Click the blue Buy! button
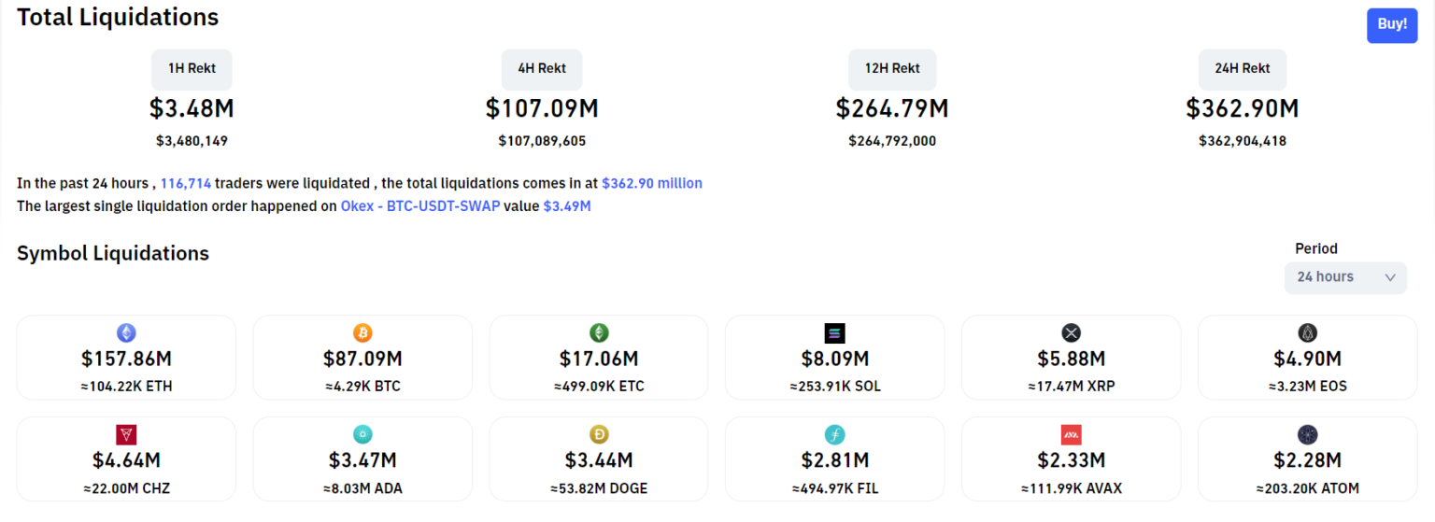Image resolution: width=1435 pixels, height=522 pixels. click(1391, 24)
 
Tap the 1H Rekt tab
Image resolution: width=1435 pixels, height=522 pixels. click(192, 69)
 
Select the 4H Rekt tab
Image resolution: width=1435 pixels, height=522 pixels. click(542, 69)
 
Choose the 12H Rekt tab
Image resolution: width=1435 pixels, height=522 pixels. click(892, 69)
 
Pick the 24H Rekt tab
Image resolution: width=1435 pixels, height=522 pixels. click(1243, 69)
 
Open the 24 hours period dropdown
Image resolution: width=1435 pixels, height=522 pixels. click(1344, 277)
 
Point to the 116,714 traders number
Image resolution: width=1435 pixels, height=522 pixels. click(186, 184)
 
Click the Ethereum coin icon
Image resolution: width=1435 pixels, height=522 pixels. click(126, 332)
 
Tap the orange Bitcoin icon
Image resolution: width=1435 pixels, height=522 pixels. click(362, 332)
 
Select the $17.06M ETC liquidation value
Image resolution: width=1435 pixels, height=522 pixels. click(599, 359)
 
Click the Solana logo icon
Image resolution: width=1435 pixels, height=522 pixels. click(834, 333)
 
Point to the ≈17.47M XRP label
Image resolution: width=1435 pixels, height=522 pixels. click(1071, 387)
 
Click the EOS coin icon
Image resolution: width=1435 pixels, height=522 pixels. click(1307, 332)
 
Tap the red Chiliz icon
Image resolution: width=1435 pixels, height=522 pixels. click(126, 434)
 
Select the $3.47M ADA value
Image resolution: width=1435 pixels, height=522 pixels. click(362, 460)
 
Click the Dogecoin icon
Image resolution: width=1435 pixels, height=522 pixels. click(599, 434)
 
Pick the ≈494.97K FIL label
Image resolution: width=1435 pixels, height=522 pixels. click(834, 488)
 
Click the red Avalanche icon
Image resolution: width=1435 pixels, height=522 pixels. click(1071, 434)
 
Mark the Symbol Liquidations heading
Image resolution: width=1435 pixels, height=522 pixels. click(113, 254)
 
